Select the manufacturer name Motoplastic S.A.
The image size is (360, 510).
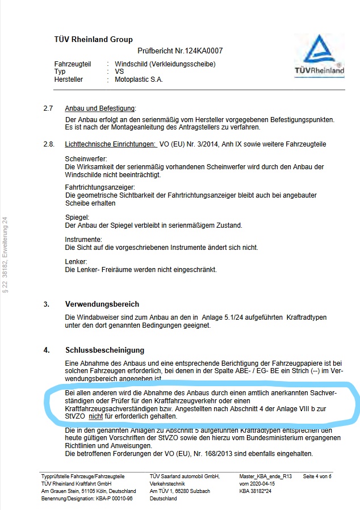(139, 80)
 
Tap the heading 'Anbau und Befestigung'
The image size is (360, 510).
(101, 108)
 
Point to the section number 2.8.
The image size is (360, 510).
(49, 145)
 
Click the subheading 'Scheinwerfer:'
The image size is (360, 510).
(86, 159)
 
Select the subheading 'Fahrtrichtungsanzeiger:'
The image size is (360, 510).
(100, 187)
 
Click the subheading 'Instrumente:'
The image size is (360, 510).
(83, 240)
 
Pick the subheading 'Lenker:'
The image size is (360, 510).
(76, 262)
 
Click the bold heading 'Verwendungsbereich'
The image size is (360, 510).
(102, 304)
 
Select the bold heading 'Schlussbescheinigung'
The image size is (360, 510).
(105, 350)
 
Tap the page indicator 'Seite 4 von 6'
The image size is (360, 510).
(317, 476)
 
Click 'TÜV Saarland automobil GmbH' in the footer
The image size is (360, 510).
(184, 476)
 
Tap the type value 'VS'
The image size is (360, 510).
(119, 72)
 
